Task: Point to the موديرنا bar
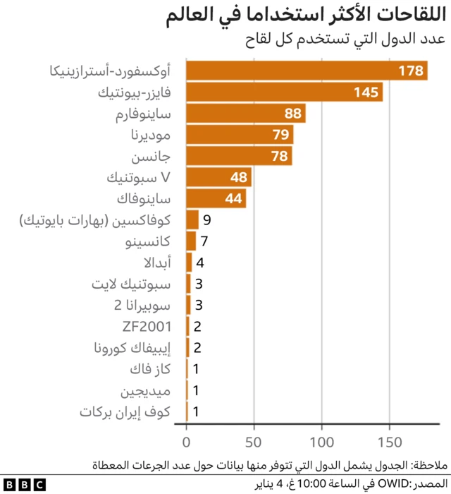[240, 135]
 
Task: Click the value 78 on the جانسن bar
[280, 156]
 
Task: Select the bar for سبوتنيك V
[218, 177]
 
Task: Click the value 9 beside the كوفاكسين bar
[206, 220]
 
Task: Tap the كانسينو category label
[148, 241]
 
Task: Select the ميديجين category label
[149, 390]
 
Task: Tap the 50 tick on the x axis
[254, 442]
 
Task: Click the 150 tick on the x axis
[389, 442]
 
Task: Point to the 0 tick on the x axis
[187, 442]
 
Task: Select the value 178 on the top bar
[410, 71]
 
